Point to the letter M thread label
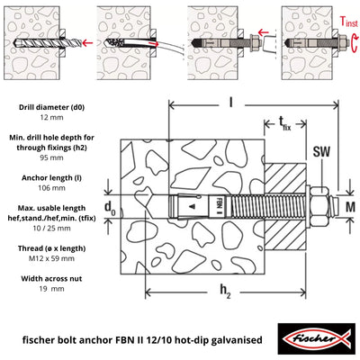pos(348,208)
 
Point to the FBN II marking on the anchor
pos(220,208)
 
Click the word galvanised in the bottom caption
pos(228,340)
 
